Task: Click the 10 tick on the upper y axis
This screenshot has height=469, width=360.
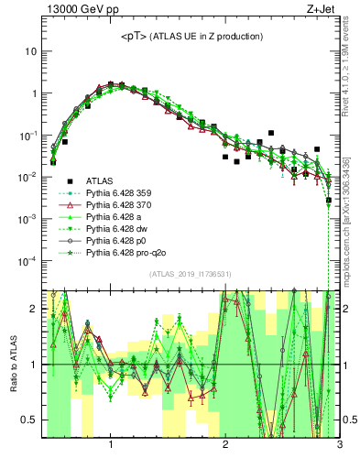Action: point(30,51)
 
